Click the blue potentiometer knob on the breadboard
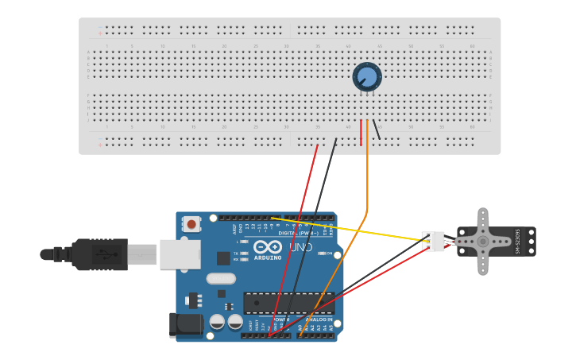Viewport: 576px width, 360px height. pyautogui.click(x=367, y=77)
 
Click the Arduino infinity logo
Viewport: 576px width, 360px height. pyautogui.click(x=268, y=246)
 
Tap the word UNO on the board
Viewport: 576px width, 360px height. pyautogui.click(x=300, y=247)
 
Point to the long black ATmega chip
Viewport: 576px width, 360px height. pyautogui.click(x=288, y=303)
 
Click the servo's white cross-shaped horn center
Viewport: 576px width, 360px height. pyautogui.click(x=482, y=242)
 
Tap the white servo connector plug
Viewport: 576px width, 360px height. pyautogui.click(x=433, y=241)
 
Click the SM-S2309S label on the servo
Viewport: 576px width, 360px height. pyautogui.click(x=517, y=242)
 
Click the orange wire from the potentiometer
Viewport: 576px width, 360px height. pyautogui.click(x=367, y=183)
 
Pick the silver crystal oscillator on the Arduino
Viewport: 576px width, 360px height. pyautogui.click(x=221, y=278)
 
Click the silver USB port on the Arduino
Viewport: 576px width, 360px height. pyautogui.click(x=180, y=254)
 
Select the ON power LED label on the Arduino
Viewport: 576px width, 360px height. pyautogui.click(x=328, y=254)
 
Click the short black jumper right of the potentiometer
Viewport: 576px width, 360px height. pyautogui.click(x=377, y=130)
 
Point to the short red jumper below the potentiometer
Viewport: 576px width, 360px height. pyautogui.click(x=361, y=133)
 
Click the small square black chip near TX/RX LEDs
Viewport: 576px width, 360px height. pyautogui.click(x=223, y=258)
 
